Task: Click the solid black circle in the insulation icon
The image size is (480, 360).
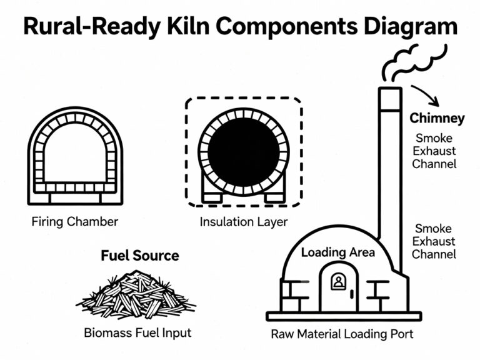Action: tap(243, 152)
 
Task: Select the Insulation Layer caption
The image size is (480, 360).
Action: tap(243, 221)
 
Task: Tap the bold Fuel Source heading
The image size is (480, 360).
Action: tap(140, 255)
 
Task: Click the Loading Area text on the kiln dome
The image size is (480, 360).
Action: tap(338, 252)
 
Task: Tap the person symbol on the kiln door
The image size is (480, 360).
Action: tap(338, 281)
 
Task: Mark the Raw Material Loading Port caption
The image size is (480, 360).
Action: tap(342, 333)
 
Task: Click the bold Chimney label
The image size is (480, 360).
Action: tap(437, 118)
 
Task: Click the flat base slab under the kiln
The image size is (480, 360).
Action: tap(343, 316)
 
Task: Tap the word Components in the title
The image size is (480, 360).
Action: tap(287, 27)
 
